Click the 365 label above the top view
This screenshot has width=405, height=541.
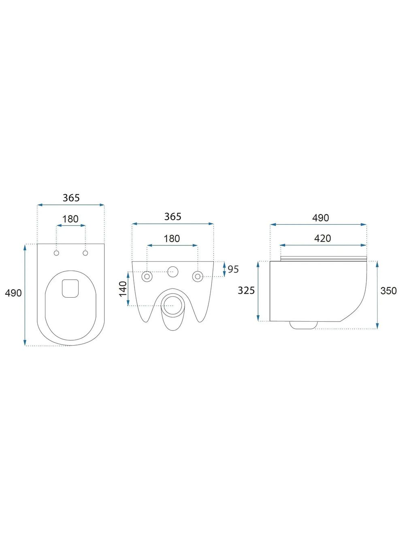point(71,198)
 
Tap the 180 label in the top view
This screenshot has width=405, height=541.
point(70,219)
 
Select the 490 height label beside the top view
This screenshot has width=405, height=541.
point(13,293)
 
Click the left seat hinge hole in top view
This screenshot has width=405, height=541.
point(57,253)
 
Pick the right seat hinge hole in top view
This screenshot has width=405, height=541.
point(85,253)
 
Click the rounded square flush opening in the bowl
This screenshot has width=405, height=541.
point(70,288)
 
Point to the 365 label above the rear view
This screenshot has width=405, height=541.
point(173,217)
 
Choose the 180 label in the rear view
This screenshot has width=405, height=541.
point(172,238)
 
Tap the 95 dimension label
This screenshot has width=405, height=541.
point(233,269)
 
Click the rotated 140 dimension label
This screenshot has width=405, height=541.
point(123,289)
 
